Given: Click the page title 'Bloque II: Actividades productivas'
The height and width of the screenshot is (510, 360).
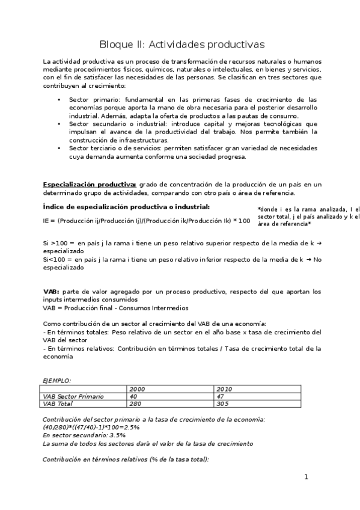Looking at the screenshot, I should tap(181, 45).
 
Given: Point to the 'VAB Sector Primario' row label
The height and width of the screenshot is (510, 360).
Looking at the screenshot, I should tap(73, 396).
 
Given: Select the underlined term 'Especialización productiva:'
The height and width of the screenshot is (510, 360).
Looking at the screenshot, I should tap(90, 184).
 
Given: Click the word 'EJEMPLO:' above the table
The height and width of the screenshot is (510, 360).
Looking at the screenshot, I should tap(56, 380).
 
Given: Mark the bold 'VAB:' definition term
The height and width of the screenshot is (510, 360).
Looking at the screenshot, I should tap(51, 292).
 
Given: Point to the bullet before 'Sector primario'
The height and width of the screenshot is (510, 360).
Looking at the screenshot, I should tap(59, 99).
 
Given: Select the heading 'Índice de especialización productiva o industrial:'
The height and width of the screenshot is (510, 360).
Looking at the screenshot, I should tap(126, 207).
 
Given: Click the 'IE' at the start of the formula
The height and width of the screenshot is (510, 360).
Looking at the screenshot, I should tap(46, 221).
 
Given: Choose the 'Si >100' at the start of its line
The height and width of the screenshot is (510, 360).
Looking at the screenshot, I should tap(52, 242).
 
